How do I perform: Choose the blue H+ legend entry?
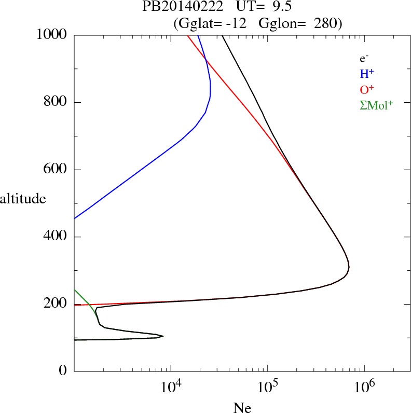pyautogui.click(x=367, y=74)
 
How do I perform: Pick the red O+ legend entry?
pyautogui.click(x=367, y=89)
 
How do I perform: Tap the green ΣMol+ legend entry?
pyautogui.click(x=376, y=105)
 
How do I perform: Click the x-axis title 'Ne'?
pyautogui.click(x=242, y=408)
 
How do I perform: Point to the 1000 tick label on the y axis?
pyautogui.click(x=52, y=35)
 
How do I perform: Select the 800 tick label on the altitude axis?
pyautogui.click(x=56, y=102)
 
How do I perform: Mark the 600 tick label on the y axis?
pyautogui.click(x=56, y=170)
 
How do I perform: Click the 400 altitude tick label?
pyautogui.click(x=56, y=237)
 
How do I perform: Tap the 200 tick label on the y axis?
pyautogui.click(x=56, y=304)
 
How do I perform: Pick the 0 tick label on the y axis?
pyautogui.click(x=63, y=371)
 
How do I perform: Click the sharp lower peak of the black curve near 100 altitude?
pyautogui.click(x=163, y=336)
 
